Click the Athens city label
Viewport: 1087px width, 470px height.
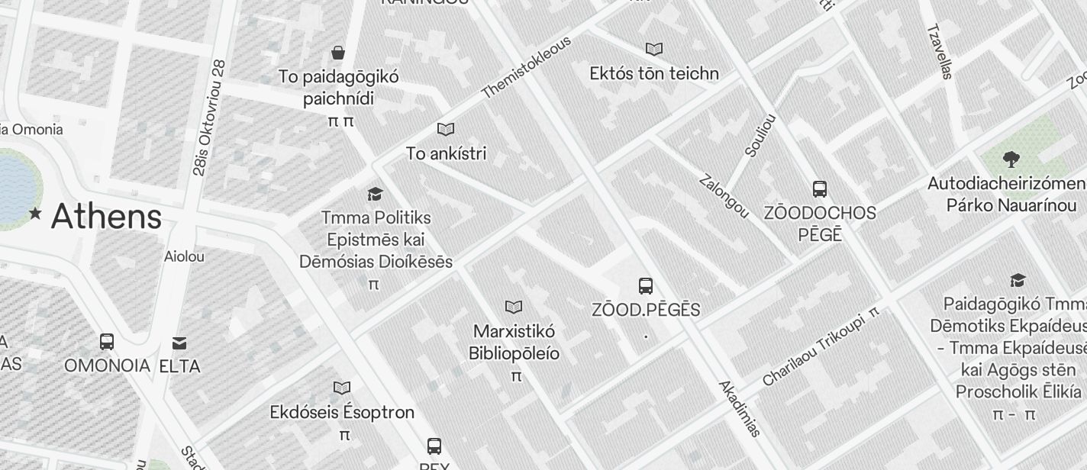pos(106,216)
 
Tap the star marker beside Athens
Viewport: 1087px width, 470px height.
pos(35,214)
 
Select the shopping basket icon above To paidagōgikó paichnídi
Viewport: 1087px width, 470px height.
pos(338,52)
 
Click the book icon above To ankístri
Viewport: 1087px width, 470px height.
pos(446,130)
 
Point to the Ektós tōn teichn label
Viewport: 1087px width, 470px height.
pos(654,73)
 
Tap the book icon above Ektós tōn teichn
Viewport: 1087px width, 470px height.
pos(654,49)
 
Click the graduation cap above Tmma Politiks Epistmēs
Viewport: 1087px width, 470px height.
pos(375,194)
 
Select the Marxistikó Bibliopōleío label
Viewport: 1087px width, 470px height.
pos(514,343)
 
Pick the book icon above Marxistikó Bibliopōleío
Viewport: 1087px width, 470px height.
pos(514,307)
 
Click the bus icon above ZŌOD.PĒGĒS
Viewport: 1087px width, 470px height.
pos(646,286)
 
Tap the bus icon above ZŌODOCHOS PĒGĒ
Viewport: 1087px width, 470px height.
pos(820,188)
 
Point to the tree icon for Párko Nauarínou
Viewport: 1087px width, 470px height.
pos(1011,159)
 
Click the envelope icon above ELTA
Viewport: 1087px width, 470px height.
pos(179,343)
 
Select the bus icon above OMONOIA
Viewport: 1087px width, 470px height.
pos(107,341)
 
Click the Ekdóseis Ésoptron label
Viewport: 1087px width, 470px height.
pos(342,412)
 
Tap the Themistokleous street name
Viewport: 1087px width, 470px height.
pos(527,67)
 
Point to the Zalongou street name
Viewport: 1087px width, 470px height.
pos(724,197)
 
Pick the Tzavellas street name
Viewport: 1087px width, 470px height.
pos(940,51)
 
